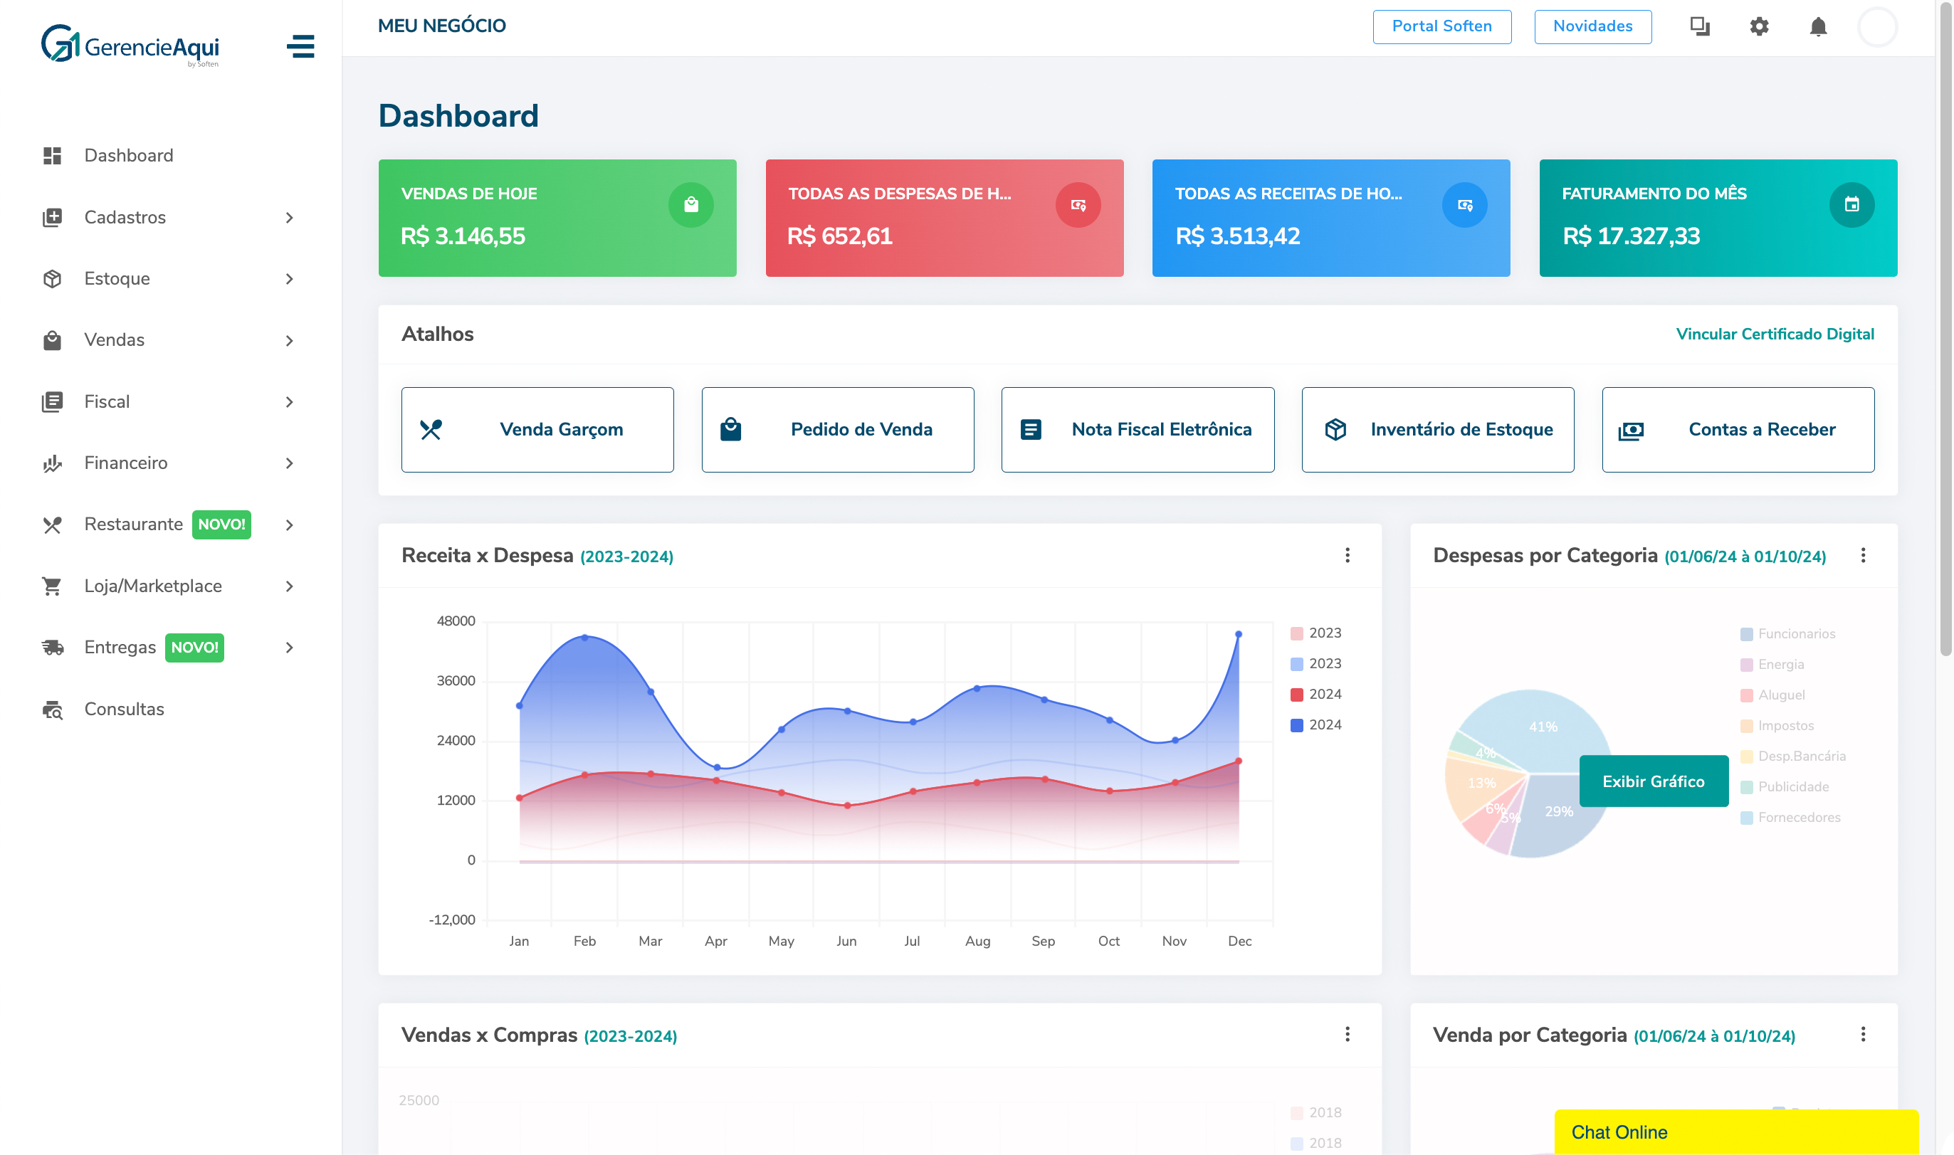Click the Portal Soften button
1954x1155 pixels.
coord(1441,26)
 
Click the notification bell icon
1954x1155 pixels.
coord(1817,27)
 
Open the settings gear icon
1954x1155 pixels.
coord(1758,27)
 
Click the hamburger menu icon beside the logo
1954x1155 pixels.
coord(300,46)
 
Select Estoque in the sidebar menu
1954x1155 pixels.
coord(117,279)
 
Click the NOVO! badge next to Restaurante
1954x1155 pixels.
coord(221,524)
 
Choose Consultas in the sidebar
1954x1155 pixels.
coord(124,709)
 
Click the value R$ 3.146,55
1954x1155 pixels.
coord(463,236)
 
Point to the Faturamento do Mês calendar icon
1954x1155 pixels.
coord(1851,205)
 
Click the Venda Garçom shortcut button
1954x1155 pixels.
coord(537,430)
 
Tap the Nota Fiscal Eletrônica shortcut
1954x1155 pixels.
coord(1137,430)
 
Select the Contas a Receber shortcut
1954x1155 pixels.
coord(1737,430)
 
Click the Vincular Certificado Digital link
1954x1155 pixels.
coord(1774,334)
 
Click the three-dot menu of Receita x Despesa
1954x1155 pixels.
coord(1347,556)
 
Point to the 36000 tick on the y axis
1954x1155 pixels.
coord(456,681)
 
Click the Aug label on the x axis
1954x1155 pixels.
coord(977,941)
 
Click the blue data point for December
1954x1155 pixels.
coord(1238,634)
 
